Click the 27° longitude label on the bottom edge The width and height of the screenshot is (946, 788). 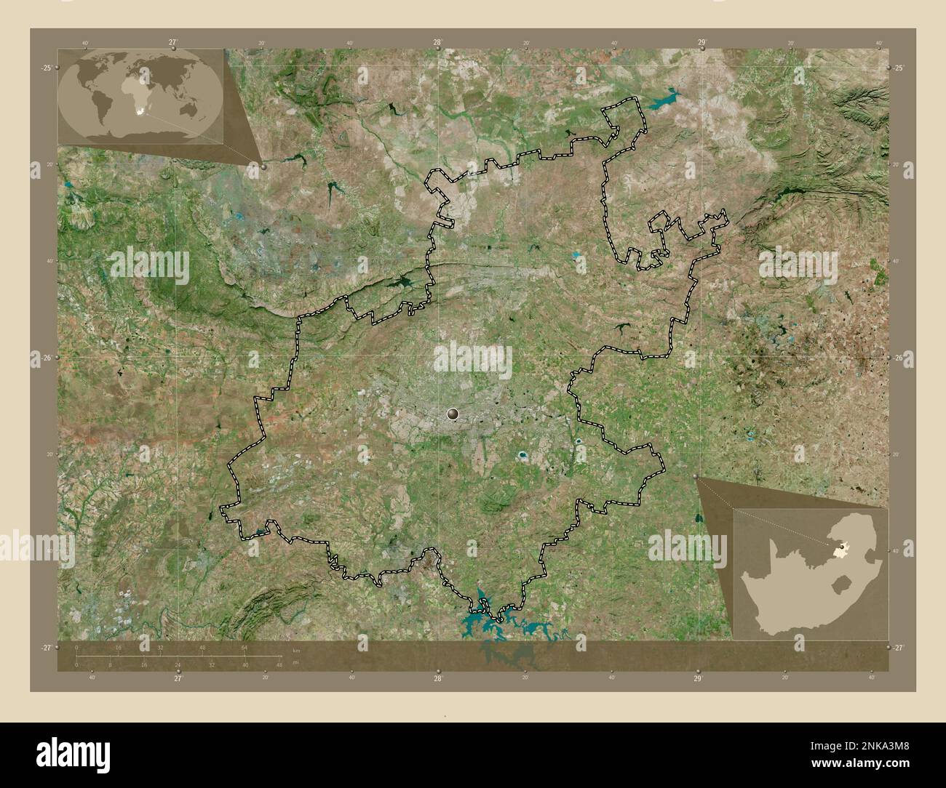pyautogui.click(x=178, y=678)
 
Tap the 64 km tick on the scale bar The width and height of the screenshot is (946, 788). pyautogui.click(x=245, y=647)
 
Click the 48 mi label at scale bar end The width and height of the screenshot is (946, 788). pyautogui.click(x=280, y=664)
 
